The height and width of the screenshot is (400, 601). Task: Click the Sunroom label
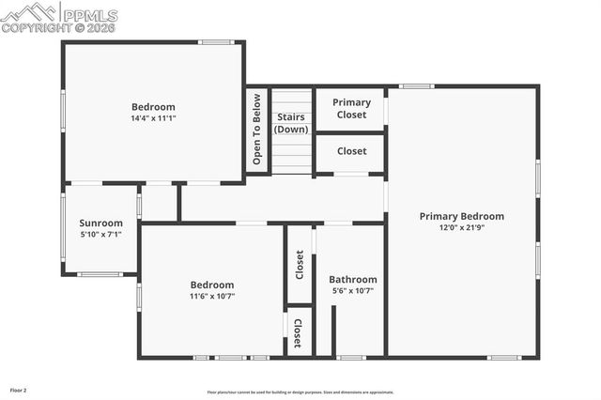(x=100, y=223)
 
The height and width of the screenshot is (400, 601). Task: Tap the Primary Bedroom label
(x=461, y=216)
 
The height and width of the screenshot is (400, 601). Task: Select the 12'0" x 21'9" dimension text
(x=461, y=227)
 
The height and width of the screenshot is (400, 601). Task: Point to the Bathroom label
(x=352, y=279)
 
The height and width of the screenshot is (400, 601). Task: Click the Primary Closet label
(x=352, y=108)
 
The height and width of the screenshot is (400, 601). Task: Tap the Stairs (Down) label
(x=291, y=123)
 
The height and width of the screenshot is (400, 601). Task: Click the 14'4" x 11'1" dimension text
(x=153, y=118)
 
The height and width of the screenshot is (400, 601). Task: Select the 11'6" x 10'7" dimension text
(x=212, y=296)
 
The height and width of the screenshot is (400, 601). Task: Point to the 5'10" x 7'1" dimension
(x=100, y=235)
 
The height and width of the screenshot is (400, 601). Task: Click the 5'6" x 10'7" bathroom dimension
(x=352, y=290)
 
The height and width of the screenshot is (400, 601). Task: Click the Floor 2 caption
(x=19, y=389)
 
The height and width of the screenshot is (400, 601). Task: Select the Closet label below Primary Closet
(x=352, y=150)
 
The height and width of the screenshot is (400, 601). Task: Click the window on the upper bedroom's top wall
(x=216, y=41)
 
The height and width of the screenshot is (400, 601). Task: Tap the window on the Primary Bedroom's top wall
(x=416, y=86)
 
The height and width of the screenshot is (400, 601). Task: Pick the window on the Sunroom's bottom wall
(x=100, y=274)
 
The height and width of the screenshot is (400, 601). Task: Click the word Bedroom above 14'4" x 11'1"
(x=153, y=107)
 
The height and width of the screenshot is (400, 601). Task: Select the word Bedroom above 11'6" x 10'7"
(x=212, y=285)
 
